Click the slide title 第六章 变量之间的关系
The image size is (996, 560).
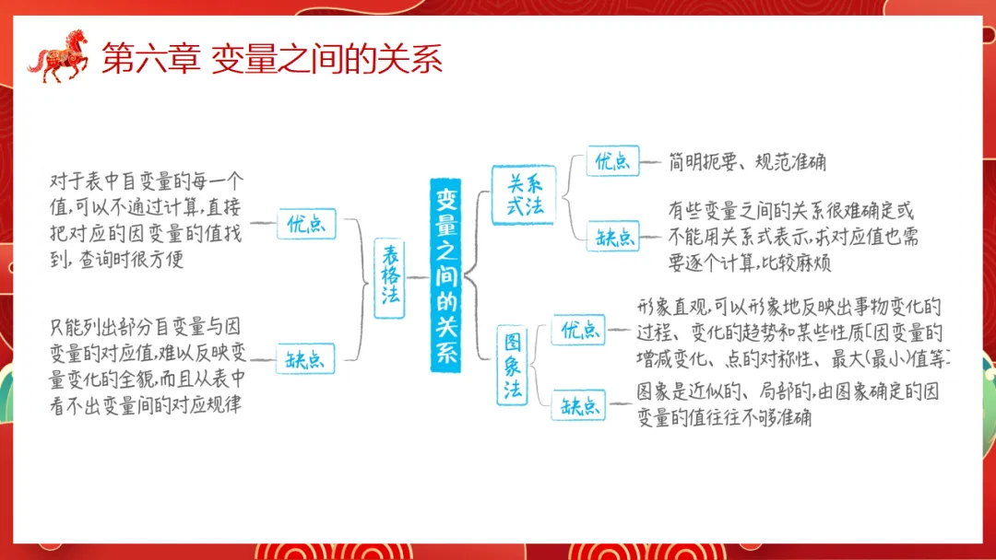pos(271,59)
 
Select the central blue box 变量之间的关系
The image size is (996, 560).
pos(446,274)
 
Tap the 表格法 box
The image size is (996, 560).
pos(389,277)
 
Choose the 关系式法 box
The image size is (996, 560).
pos(523,194)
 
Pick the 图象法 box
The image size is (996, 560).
pos(514,366)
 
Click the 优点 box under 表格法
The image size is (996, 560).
pos(306,224)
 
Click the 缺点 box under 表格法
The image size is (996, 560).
pos(306,358)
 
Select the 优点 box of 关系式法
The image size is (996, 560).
pos(612,162)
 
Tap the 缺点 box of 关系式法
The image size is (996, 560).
pos(612,236)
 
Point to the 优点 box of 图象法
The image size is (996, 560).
pos(578,329)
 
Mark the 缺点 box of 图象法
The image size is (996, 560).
pos(578,404)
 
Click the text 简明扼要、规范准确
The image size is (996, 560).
pos(747,163)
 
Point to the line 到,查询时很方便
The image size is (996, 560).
pos(117,260)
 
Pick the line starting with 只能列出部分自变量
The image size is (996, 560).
pos(147,326)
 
